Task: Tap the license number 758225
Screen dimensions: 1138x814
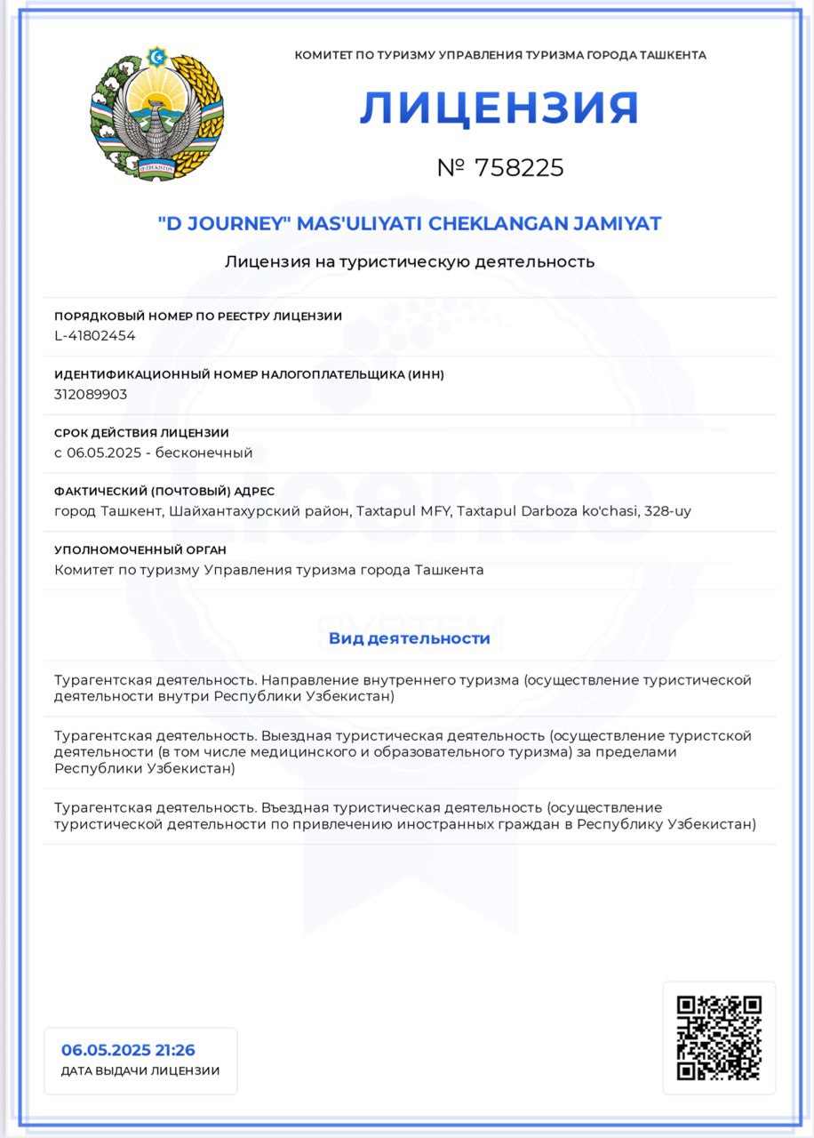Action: tap(520, 168)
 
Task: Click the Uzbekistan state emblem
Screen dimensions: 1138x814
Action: tap(156, 115)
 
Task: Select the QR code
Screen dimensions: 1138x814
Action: tap(719, 1038)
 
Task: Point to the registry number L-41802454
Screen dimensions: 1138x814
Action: tap(95, 335)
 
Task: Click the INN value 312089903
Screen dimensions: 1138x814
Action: tap(91, 394)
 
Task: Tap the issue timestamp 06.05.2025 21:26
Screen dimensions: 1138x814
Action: tap(128, 1050)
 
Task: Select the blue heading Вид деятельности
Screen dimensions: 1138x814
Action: tap(409, 638)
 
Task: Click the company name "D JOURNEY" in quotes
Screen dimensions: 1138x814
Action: tap(224, 224)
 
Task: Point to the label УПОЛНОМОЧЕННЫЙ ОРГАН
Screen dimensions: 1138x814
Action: tap(140, 550)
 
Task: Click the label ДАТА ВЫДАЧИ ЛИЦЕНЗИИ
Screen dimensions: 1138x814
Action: tap(140, 1071)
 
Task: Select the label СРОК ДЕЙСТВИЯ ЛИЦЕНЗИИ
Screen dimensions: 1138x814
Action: tap(141, 433)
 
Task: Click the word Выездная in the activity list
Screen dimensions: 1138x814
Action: tap(294, 736)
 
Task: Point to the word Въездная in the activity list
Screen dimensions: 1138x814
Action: tap(293, 807)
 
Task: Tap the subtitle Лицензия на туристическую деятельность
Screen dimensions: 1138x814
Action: tap(410, 261)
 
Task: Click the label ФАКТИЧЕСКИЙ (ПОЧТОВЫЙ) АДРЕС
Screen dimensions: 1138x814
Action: tap(164, 492)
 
